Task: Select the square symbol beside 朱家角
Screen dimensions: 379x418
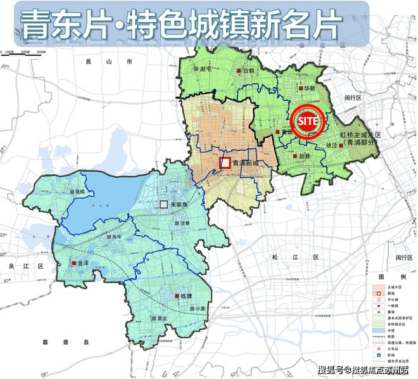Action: pyautogui.click(x=163, y=204)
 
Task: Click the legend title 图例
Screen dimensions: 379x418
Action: pyautogui.click(x=388, y=277)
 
